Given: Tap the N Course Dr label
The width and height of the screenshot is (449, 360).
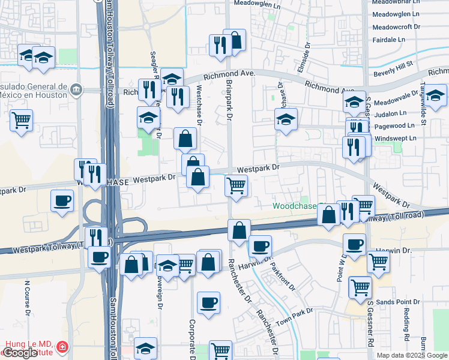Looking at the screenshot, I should pyautogui.click(x=28, y=298).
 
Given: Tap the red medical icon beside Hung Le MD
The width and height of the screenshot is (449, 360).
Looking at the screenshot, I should pyautogui.click(x=62, y=347).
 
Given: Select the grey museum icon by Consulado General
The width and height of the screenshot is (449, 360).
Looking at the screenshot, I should pyautogui.click(x=76, y=90).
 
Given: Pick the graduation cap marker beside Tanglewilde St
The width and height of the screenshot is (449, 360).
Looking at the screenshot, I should pyautogui.click(x=436, y=95).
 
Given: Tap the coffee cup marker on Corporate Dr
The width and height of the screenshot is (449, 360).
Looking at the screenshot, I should pyautogui.click(x=208, y=302).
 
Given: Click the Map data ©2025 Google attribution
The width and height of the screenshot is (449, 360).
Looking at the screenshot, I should pyautogui.click(x=412, y=355).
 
